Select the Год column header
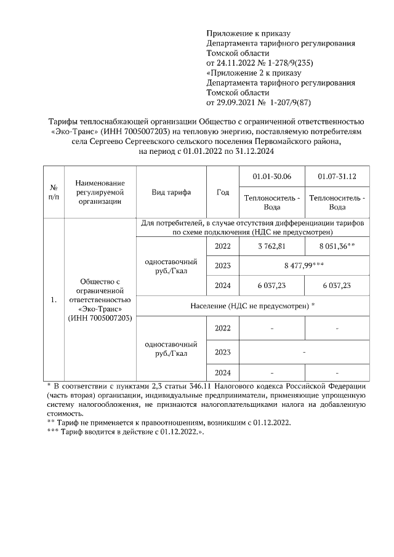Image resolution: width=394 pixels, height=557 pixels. click(x=223, y=192)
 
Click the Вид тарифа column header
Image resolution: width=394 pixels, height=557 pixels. click(x=171, y=192)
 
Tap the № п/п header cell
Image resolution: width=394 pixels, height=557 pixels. click(x=54, y=192)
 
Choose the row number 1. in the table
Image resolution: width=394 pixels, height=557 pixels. click(x=54, y=300)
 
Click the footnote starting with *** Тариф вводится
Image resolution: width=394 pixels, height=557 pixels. click(x=126, y=433)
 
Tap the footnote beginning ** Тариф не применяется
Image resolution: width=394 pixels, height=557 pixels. click(x=168, y=423)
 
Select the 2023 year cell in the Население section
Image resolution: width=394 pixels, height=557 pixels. click(x=223, y=353)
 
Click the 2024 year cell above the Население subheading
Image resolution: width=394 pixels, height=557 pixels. click(x=223, y=285)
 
